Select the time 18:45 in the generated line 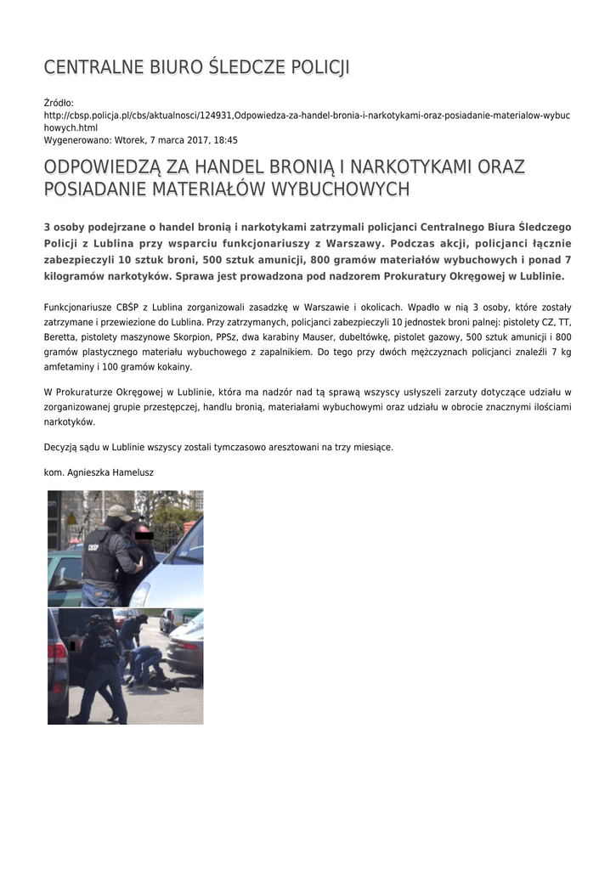point(226,140)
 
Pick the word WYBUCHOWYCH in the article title point(340,189)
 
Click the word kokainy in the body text point(173,367)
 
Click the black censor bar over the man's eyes point(144,535)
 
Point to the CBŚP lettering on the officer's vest point(93,547)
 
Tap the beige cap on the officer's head point(119,512)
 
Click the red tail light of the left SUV point(57,652)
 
